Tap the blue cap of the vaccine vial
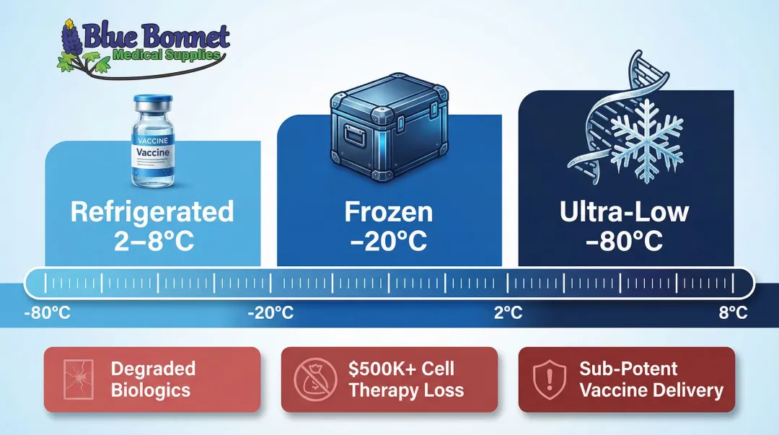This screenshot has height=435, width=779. click(x=154, y=103)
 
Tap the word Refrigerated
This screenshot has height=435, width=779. click(x=152, y=212)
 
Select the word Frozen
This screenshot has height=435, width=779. click(x=389, y=212)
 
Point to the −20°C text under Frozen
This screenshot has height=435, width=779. click(x=389, y=241)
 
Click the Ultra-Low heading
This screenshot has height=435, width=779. click(x=625, y=212)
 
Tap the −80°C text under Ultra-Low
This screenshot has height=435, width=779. click(x=625, y=241)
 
